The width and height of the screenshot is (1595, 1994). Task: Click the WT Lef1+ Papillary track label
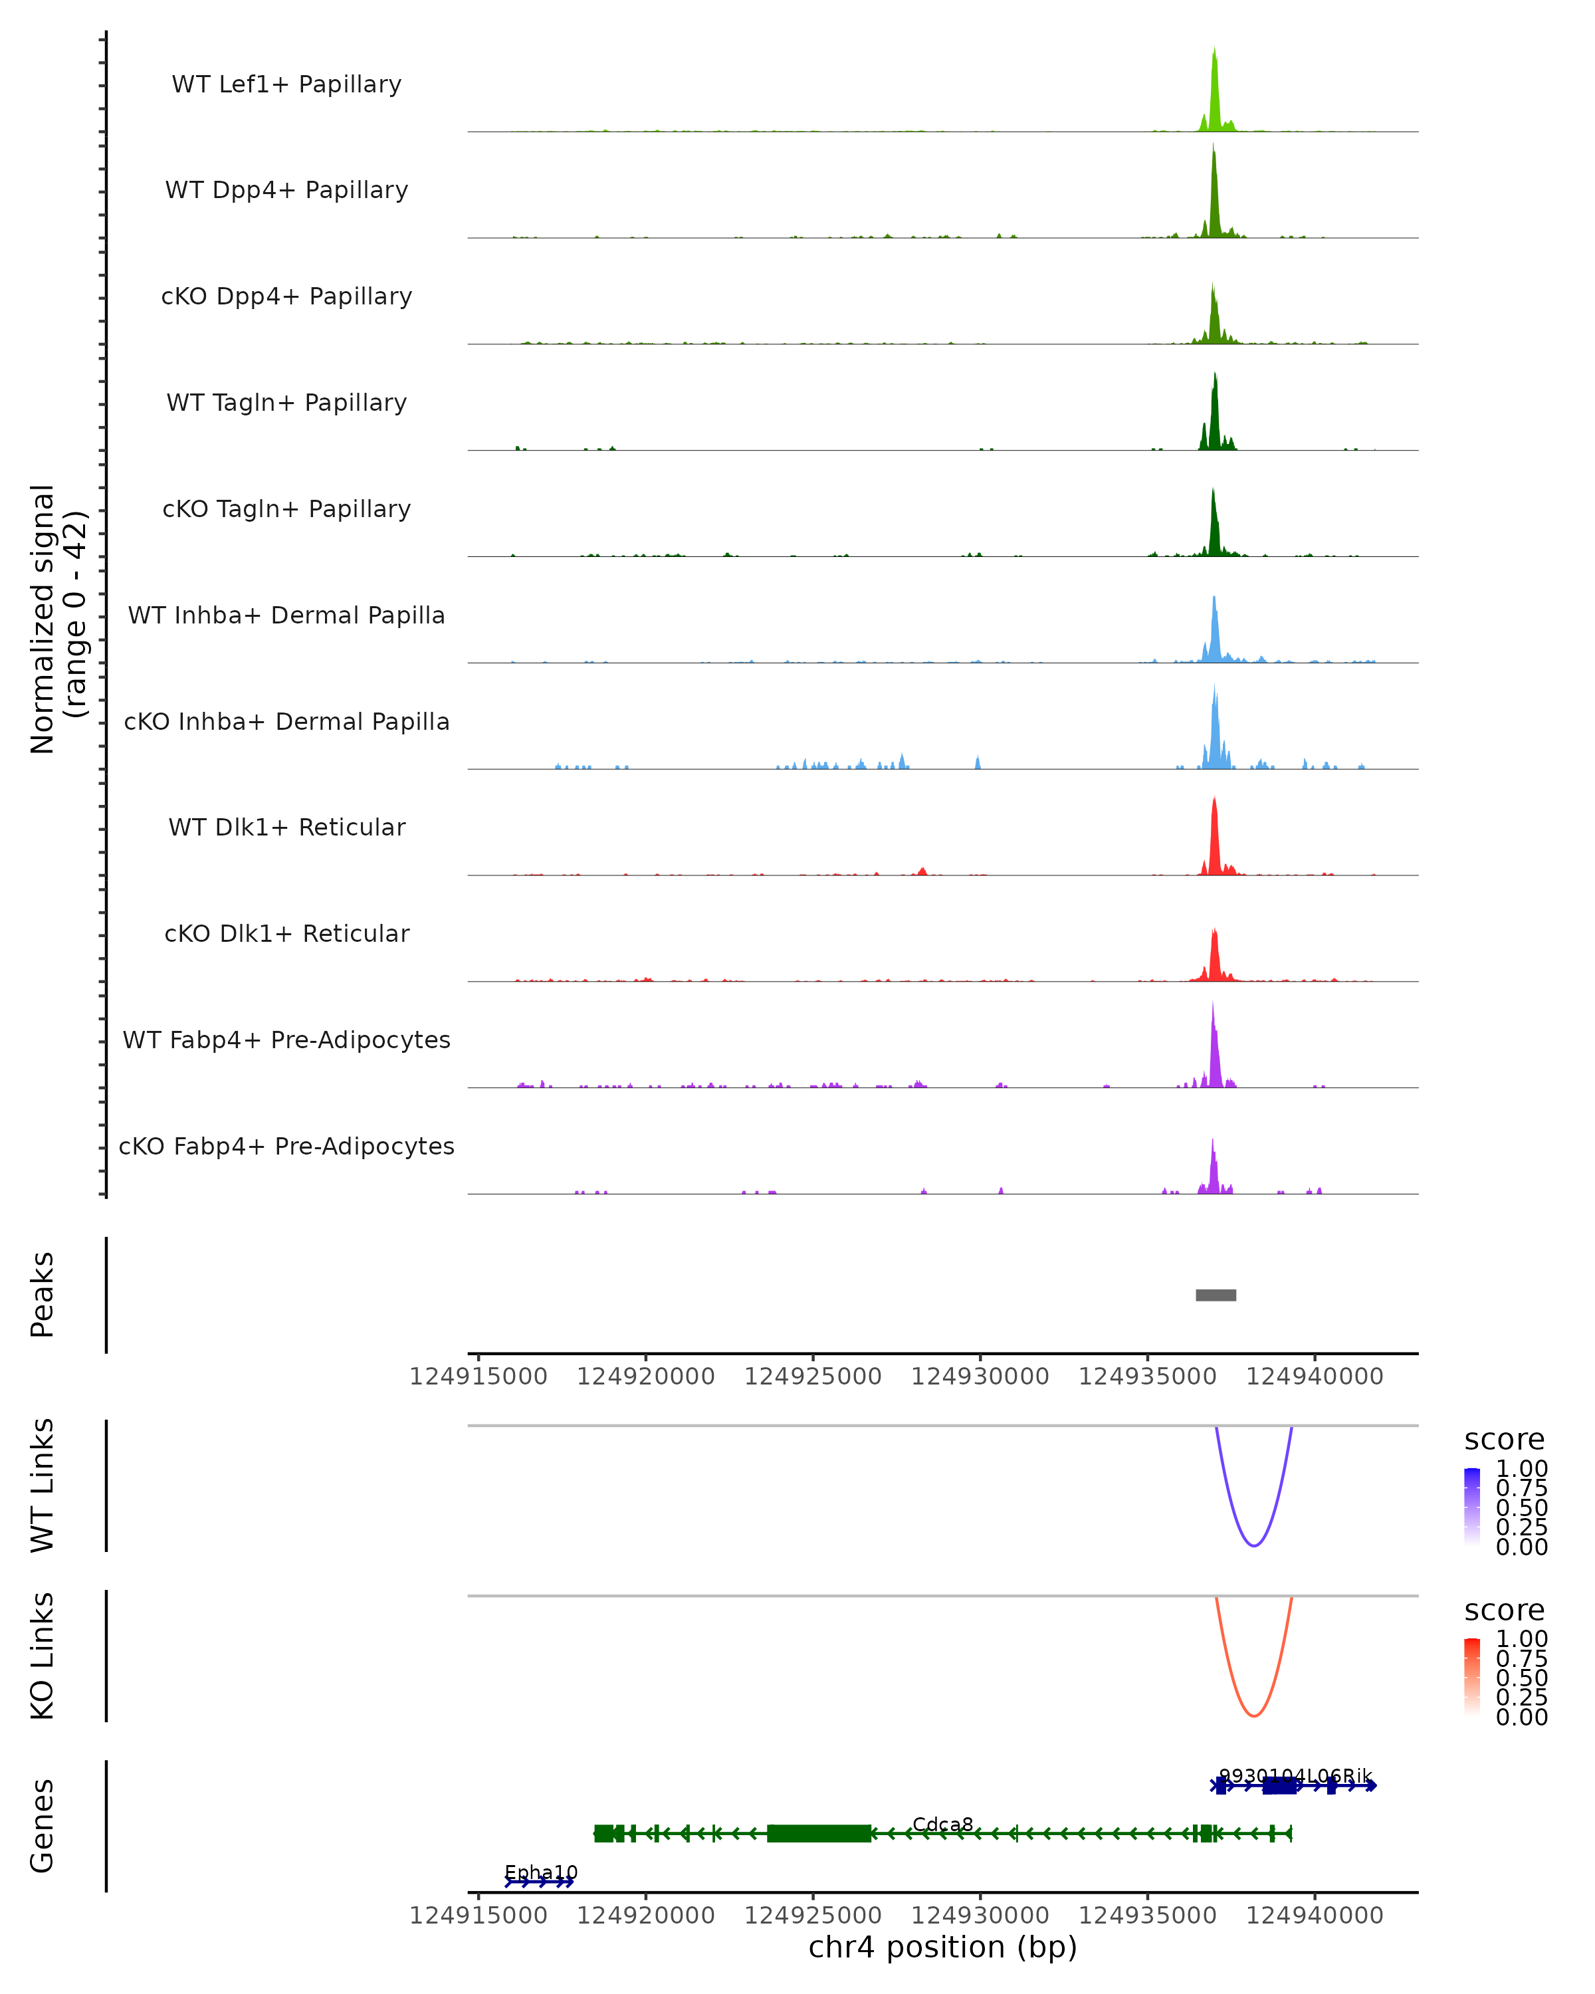(286, 84)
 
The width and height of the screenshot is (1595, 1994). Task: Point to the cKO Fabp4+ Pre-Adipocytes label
(286, 1146)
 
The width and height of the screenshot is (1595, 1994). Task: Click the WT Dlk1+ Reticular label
(286, 827)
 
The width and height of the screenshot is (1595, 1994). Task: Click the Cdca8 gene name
(942, 1824)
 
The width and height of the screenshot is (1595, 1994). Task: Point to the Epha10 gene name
(541, 1872)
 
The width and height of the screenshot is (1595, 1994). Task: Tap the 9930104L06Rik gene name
(1295, 1776)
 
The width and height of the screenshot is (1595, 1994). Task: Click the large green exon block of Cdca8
(818, 1833)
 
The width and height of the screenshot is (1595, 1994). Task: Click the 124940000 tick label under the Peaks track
(1314, 1377)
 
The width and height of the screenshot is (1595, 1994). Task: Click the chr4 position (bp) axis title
(942, 1947)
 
